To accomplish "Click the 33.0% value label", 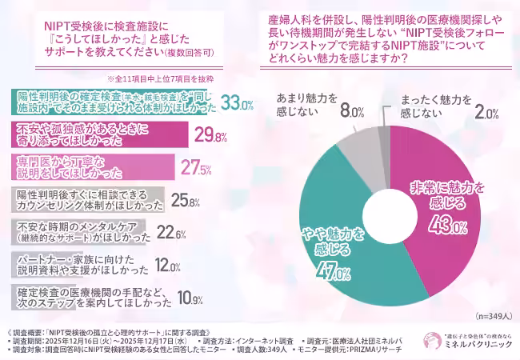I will pos(237,103).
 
